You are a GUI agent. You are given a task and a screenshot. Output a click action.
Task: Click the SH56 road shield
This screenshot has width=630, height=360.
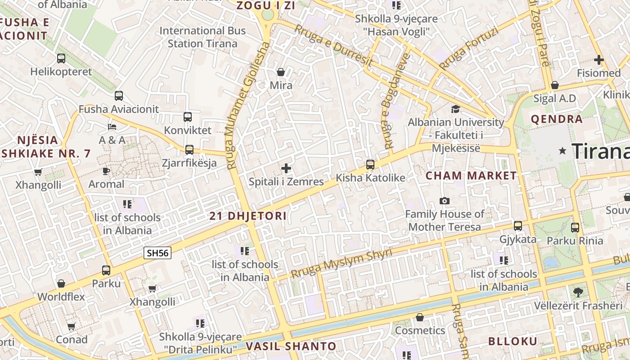157,253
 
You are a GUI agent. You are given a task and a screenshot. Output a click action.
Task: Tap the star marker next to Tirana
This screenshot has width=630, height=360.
562,151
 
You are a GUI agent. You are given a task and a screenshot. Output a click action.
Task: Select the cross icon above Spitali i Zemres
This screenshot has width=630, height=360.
286,169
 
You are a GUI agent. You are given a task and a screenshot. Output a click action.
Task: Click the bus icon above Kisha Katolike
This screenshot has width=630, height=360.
370,165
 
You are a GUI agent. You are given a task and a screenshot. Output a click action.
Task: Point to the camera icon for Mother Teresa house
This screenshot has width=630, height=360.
445,201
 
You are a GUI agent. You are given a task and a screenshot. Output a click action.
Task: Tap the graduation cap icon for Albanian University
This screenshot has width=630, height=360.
455,109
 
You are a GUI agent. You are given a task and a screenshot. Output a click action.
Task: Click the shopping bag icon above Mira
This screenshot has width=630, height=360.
281,72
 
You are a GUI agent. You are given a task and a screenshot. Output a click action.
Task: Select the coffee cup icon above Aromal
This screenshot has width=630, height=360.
106,171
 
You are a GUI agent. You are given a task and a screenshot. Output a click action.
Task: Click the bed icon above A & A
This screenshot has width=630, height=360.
112,127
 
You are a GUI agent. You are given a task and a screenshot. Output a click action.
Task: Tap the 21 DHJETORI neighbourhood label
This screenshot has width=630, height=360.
248,216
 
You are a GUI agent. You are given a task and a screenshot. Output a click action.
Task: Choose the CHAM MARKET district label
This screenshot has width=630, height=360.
471,176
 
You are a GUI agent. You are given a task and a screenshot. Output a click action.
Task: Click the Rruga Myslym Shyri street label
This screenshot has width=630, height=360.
341,263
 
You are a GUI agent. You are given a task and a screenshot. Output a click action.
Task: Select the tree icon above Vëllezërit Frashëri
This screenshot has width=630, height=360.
578,292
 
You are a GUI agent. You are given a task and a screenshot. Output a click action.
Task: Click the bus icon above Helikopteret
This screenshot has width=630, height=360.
61,58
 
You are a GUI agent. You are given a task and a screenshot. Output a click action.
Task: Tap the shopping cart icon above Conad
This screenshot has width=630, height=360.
71,327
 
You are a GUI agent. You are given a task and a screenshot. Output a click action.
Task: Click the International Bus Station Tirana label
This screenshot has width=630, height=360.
202,37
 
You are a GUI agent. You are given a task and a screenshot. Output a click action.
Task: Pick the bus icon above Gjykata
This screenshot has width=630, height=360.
518,226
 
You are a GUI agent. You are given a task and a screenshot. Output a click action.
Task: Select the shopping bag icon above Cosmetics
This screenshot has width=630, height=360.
419,318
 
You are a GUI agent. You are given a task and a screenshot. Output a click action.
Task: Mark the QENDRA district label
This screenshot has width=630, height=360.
557,120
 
